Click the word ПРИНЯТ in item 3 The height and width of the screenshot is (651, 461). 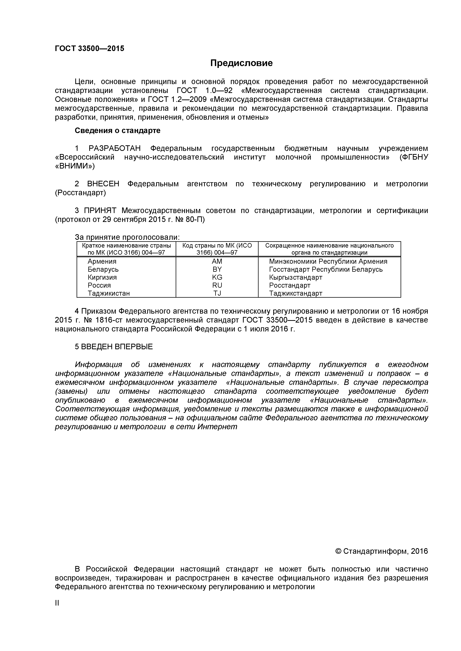point(100,211)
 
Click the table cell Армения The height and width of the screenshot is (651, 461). point(102,261)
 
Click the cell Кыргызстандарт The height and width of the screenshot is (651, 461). point(296,277)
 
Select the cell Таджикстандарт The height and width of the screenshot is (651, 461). point(296,293)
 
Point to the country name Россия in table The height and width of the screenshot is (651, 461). point(99,285)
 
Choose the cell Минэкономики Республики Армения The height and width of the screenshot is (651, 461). point(328,261)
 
